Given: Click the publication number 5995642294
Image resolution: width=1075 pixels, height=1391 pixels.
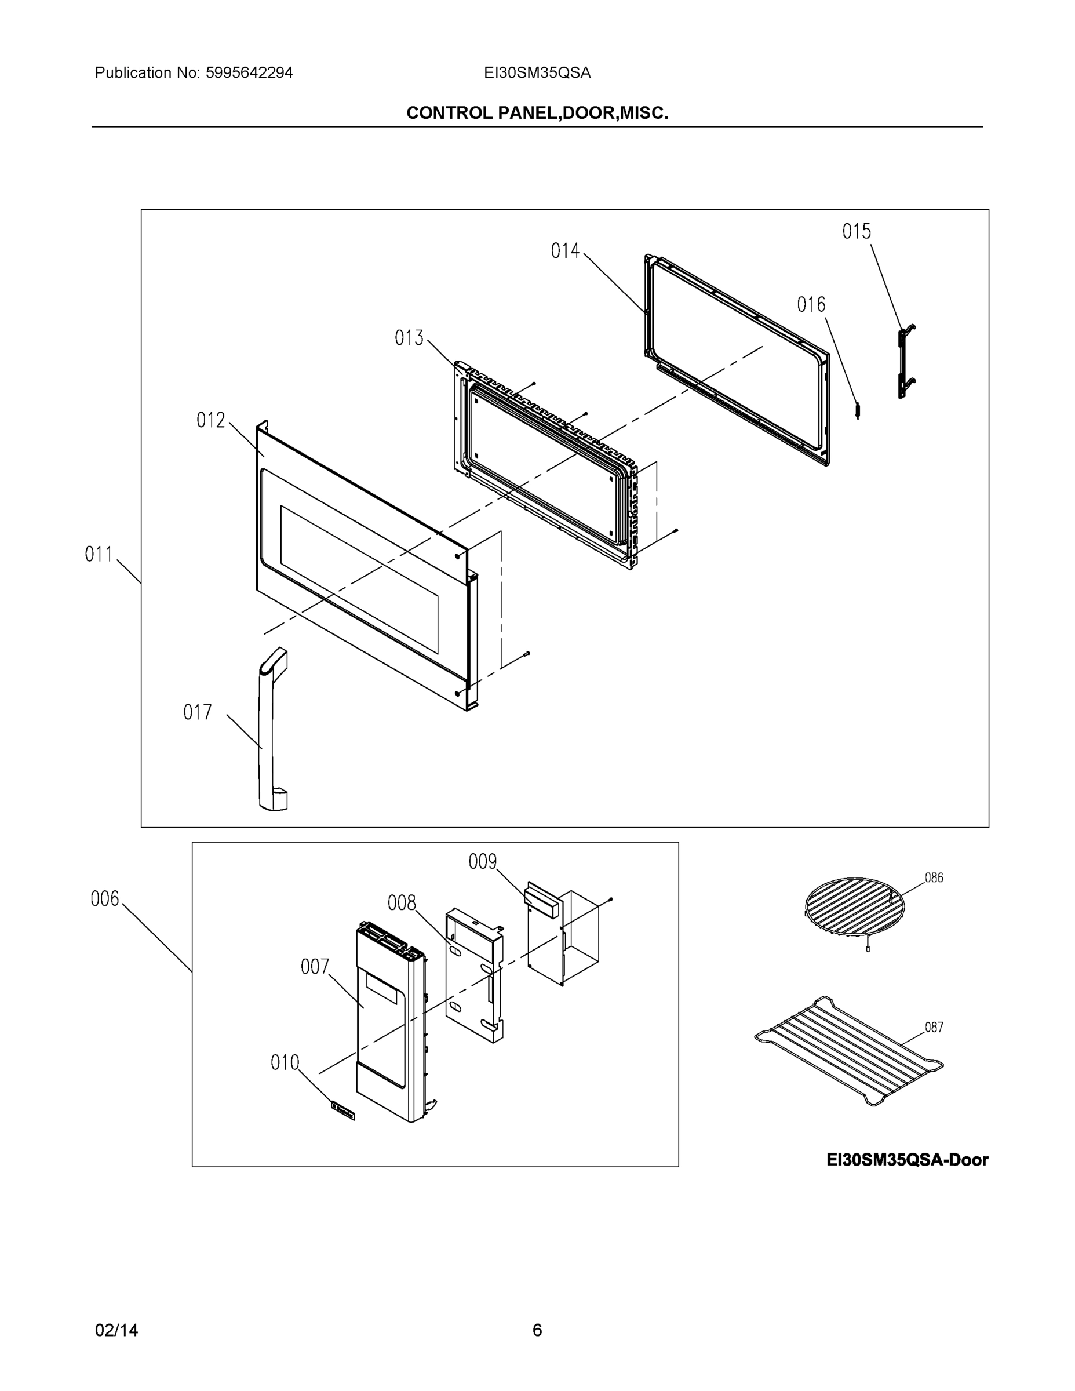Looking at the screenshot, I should pos(249,73).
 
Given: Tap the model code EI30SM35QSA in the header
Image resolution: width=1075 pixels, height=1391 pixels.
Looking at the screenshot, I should pos(537,73).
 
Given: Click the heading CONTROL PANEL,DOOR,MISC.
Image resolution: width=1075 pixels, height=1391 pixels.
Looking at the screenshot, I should pos(537,114).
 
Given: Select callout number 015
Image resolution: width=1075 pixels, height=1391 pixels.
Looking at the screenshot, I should pos(856,232).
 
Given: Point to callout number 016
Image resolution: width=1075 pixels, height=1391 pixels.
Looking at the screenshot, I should pos(811,305).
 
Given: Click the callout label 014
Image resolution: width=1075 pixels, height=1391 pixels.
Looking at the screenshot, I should pos(565,252).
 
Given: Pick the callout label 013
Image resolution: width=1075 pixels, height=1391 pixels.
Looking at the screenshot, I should pos(409,338).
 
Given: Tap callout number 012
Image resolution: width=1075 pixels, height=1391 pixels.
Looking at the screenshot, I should pos(210,420).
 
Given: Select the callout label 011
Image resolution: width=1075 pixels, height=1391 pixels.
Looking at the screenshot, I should pos(99,555).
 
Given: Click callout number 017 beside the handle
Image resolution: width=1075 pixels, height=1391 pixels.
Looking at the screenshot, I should pos(198,712).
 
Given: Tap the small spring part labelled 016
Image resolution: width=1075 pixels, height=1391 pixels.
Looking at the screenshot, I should pos(858,412).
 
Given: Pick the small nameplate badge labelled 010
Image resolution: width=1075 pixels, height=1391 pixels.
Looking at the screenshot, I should pos(342,1110).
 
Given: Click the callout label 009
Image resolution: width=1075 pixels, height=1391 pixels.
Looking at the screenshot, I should pos(482,862).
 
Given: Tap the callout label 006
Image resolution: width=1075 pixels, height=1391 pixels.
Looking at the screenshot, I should pos(104,900).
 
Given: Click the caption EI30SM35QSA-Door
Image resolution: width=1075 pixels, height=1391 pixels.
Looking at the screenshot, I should pos(907,1160).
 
